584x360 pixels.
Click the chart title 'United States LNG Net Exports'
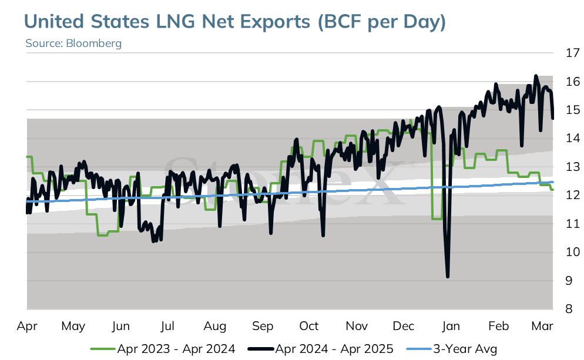[167, 21]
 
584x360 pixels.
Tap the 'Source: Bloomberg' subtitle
[73, 43]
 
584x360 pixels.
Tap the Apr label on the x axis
[27, 327]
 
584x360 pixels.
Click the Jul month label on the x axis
[167, 326]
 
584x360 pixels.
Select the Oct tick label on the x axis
[309, 326]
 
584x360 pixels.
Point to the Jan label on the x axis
[451, 326]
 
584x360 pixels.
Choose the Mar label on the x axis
[542, 326]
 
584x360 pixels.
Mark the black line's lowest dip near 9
[447, 277]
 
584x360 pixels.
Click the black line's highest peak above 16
[536, 76]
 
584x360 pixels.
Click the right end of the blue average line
[553, 182]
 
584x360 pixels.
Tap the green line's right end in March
[553, 190]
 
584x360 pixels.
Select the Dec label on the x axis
[404, 326]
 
